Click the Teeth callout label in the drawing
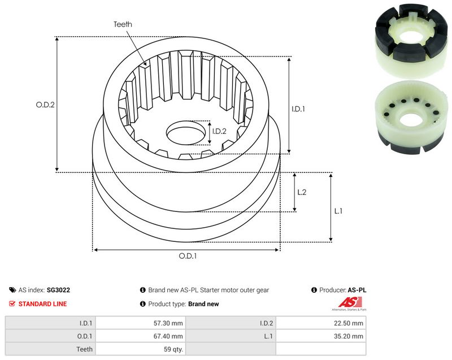(123, 24)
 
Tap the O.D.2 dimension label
(45, 105)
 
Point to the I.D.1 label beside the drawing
(298, 109)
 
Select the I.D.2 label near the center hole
(219, 132)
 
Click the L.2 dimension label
(302, 192)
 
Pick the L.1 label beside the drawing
(338, 211)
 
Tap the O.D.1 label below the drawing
(188, 256)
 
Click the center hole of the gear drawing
(186, 133)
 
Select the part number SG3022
(58, 290)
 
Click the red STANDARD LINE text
(42, 304)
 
